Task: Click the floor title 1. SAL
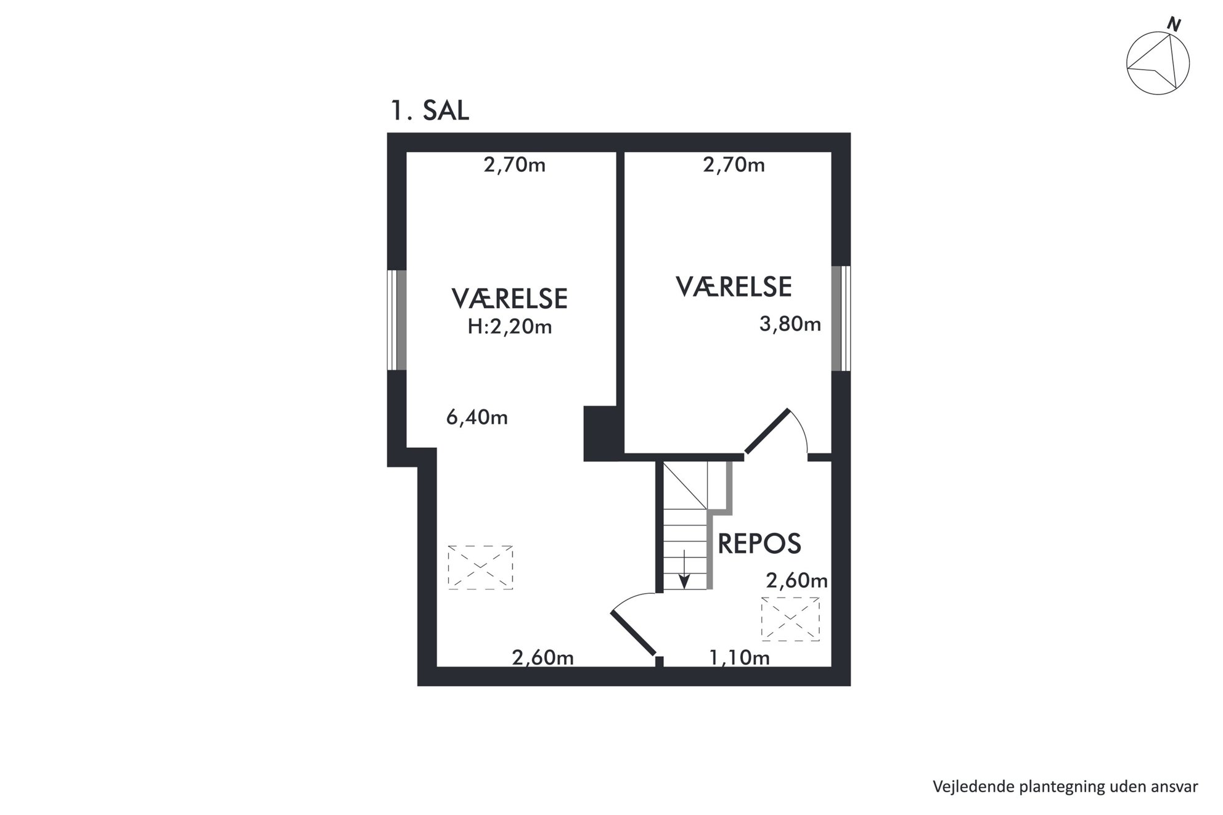coord(430,111)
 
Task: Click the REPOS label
coord(759,543)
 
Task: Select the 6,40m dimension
coord(477,418)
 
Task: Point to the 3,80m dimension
coord(790,324)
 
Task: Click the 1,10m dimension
coord(739,658)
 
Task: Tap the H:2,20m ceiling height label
coord(509,326)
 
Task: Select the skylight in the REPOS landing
coord(790,619)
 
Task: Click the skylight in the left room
coord(480,567)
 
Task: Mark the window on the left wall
coord(397,320)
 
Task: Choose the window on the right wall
coord(841,318)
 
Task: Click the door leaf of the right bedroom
coord(767,431)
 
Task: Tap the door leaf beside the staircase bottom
coord(633,633)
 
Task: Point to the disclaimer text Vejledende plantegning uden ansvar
coord(1065,787)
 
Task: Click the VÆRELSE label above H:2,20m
coord(509,299)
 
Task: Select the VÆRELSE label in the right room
coord(734,287)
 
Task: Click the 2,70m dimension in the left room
coord(514,165)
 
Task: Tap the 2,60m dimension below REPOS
coord(796,580)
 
